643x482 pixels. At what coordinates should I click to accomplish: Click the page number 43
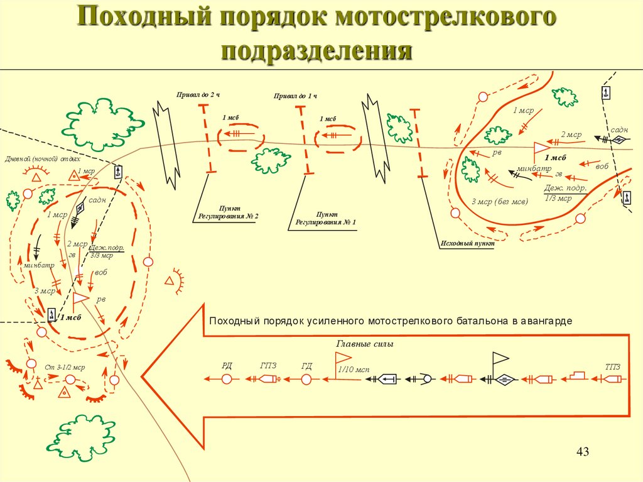coord(583,452)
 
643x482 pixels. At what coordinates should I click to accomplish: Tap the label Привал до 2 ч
coord(199,94)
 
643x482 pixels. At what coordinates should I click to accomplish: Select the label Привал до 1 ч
coord(295,96)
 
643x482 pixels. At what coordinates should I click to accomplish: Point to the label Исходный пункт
coord(467,242)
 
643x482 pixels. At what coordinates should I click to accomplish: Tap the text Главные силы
coord(360,344)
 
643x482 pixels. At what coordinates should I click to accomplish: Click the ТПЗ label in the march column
coord(612,366)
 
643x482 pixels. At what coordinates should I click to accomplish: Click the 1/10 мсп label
coord(353,370)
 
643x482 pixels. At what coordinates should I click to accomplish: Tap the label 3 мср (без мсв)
coord(500,201)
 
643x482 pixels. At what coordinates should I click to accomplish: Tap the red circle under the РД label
coord(227,379)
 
